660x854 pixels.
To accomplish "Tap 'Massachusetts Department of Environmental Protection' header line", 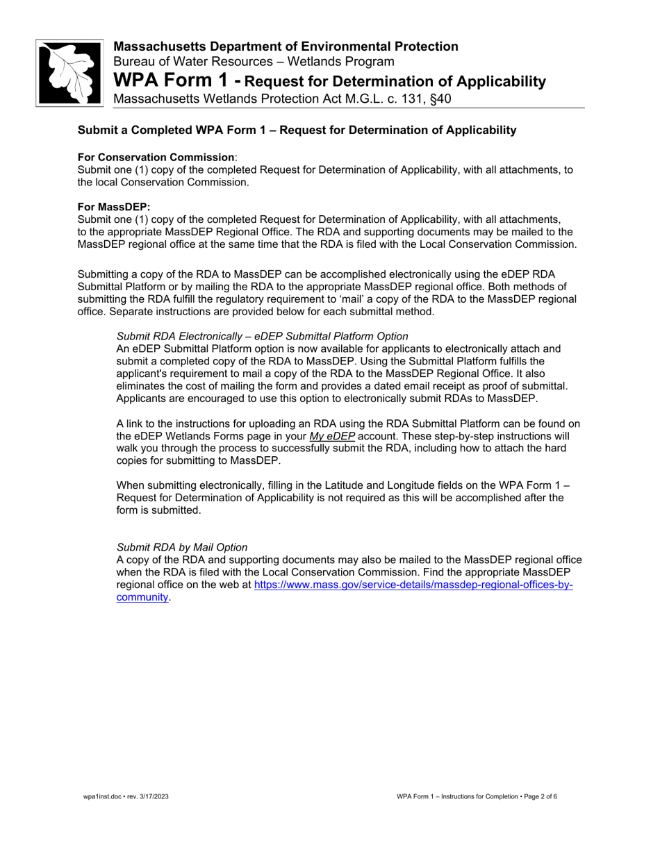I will click(286, 47).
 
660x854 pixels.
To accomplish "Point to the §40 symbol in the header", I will click(439, 99).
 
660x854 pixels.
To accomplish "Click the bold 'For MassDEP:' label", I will click(114, 207).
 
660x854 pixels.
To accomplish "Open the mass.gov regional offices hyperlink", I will click(413, 585).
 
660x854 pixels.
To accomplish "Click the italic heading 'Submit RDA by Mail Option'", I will click(182, 547).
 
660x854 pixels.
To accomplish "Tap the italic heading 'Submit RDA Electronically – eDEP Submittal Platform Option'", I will click(262, 336).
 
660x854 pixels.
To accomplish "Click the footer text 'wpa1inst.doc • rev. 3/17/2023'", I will click(126, 796).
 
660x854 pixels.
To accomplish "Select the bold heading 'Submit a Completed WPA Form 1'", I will click(297, 131).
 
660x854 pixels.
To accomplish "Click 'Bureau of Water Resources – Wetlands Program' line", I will click(254, 62).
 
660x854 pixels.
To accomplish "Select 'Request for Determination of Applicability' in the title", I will click(396, 82).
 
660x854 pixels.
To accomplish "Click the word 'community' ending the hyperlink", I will click(142, 597).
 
